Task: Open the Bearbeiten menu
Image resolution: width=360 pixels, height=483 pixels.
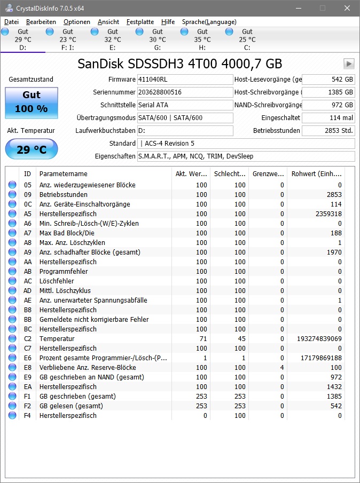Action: click(x=41, y=22)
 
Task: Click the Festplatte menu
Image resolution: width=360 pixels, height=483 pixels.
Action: click(x=140, y=22)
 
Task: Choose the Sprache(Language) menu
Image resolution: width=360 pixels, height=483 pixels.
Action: click(x=209, y=22)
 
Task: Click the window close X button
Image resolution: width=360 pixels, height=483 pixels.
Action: click(x=348, y=8)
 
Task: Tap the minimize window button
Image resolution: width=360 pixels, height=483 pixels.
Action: click(x=296, y=8)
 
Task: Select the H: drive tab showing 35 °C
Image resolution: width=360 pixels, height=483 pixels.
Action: click(x=202, y=39)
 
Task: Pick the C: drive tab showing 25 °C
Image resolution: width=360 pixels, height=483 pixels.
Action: click(x=247, y=39)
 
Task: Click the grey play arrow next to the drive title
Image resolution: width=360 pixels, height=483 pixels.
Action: click(x=349, y=64)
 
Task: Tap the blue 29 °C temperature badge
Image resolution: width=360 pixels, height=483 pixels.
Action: click(x=31, y=149)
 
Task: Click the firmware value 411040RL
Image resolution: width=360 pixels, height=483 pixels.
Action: click(x=185, y=80)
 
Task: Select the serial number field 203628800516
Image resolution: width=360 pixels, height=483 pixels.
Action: click(x=185, y=92)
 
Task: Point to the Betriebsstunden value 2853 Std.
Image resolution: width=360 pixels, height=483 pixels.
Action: click(x=327, y=131)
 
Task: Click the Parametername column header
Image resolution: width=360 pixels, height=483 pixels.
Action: click(x=64, y=173)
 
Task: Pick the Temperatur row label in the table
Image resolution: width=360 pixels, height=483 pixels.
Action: click(x=57, y=338)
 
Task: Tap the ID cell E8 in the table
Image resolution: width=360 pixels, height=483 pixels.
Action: click(x=28, y=367)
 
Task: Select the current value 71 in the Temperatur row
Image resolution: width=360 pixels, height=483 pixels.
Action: click(x=202, y=338)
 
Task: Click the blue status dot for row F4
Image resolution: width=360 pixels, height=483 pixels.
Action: click(x=12, y=415)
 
